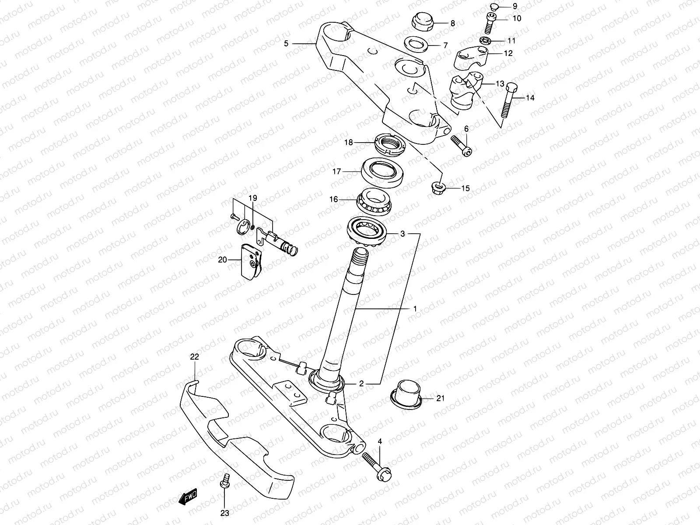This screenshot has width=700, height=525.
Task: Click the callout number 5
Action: [286, 43]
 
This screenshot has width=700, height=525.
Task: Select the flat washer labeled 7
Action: [415, 44]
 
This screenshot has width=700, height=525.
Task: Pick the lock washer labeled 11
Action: [485, 41]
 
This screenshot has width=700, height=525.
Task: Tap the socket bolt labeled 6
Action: [461, 146]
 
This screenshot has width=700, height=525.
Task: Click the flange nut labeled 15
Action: [438, 187]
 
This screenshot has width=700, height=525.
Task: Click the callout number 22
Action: [194, 357]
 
